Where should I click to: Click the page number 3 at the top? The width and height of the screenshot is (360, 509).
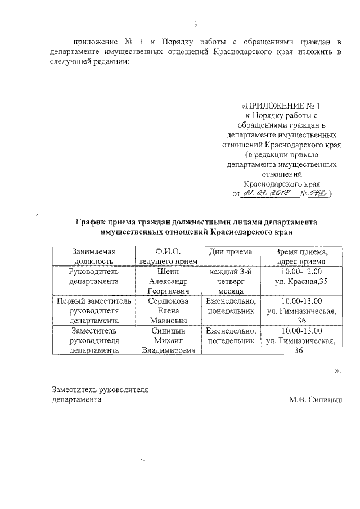pyautogui.click(x=195, y=24)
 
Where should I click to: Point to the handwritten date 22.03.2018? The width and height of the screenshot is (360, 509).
pyautogui.click(x=265, y=193)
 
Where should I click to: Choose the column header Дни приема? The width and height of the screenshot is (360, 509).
pyautogui.click(x=231, y=251)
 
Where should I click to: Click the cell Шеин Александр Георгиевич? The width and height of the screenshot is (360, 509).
pyautogui.click(x=168, y=281)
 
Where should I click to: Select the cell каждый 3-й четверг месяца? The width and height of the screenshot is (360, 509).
pyautogui.click(x=231, y=281)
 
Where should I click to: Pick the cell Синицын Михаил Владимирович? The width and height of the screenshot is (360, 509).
pyautogui.click(x=168, y=341)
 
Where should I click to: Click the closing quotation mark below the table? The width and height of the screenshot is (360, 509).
pyautogui.click(x=337, y=371)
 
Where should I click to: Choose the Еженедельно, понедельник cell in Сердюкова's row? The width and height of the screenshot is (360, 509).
pyautogui.click(x=231, y=306)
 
